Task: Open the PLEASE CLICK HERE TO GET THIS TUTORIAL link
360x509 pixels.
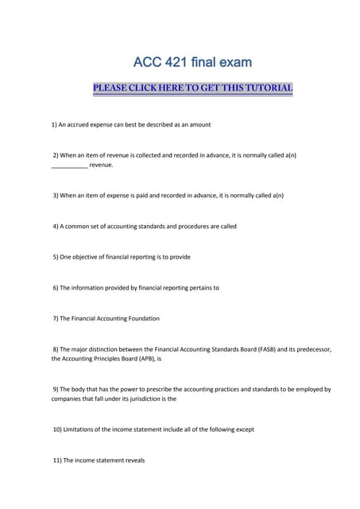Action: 193,87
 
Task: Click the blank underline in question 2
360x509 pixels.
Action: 69,165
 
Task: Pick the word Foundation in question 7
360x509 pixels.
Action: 141,318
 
